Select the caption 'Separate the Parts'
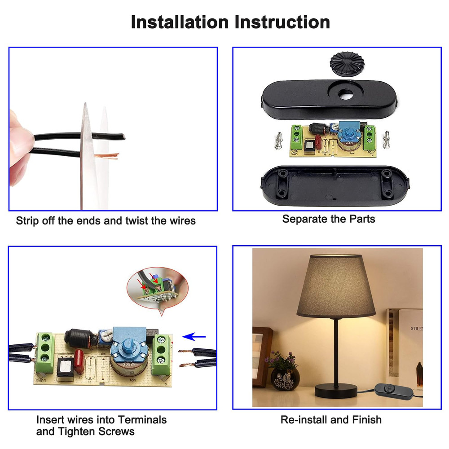pyautogui.click(x=329, y=219)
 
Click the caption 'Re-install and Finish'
pyautogui.click(x=331, y=420)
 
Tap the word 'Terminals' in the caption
pyautogui.click(x=142, y=420)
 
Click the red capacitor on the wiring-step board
pyautogui.click(x=78, y=361)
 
